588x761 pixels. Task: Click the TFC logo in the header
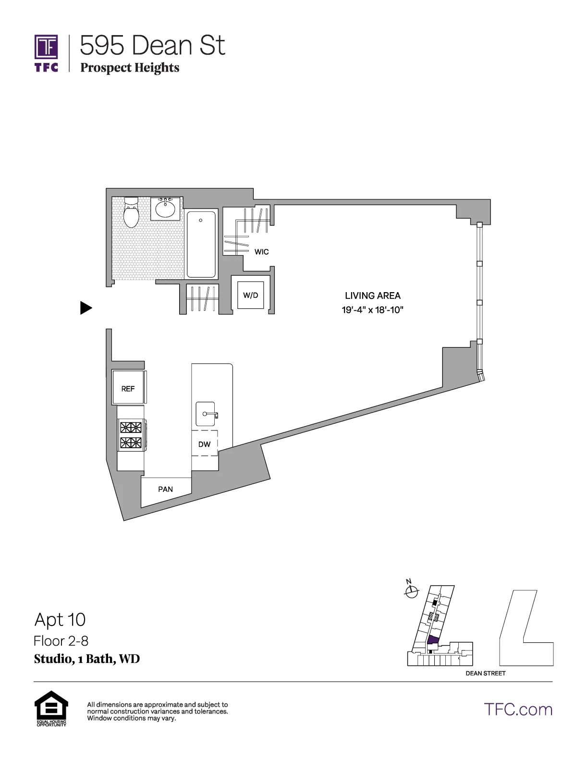[46, 53]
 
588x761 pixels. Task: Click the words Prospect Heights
[130, 68]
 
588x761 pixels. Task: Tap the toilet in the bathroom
[131, 213]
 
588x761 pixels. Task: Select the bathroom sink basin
[165, 209]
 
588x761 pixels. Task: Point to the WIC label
[261, 252]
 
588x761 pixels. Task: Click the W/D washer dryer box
[250, 295]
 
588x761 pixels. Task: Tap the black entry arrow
[86, 308]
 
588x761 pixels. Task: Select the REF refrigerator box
[128, 388]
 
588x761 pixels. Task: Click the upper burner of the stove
[131, 427]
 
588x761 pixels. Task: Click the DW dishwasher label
[204, 444]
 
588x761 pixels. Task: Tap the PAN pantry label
[165, 489]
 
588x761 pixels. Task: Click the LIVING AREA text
[372, 296]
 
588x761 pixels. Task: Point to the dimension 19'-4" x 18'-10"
[372, 310]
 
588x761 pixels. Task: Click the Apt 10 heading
[60, 620]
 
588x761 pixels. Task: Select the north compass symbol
[411, 592]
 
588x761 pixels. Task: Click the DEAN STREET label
[485, 673]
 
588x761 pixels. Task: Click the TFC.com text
[518, 709]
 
